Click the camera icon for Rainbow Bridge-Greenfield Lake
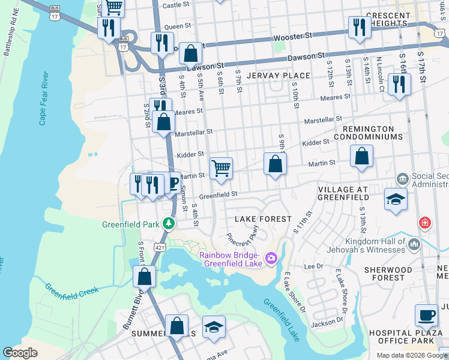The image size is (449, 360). [271, 257]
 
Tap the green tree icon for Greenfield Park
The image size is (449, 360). [169, 224]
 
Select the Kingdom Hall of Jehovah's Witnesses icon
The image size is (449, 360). [414, 244]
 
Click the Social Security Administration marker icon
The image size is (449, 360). [402, 179]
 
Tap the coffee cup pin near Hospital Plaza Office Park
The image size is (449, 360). [426, 314]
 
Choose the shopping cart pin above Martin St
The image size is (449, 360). [221, 168]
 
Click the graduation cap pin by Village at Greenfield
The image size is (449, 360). [396, 199]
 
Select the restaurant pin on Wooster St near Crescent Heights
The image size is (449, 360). [359, 27]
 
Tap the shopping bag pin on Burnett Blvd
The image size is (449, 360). [144, 277]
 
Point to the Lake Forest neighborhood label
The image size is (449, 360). [263, 219]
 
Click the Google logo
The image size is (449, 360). [20, 353]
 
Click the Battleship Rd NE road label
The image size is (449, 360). [12, 36]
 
